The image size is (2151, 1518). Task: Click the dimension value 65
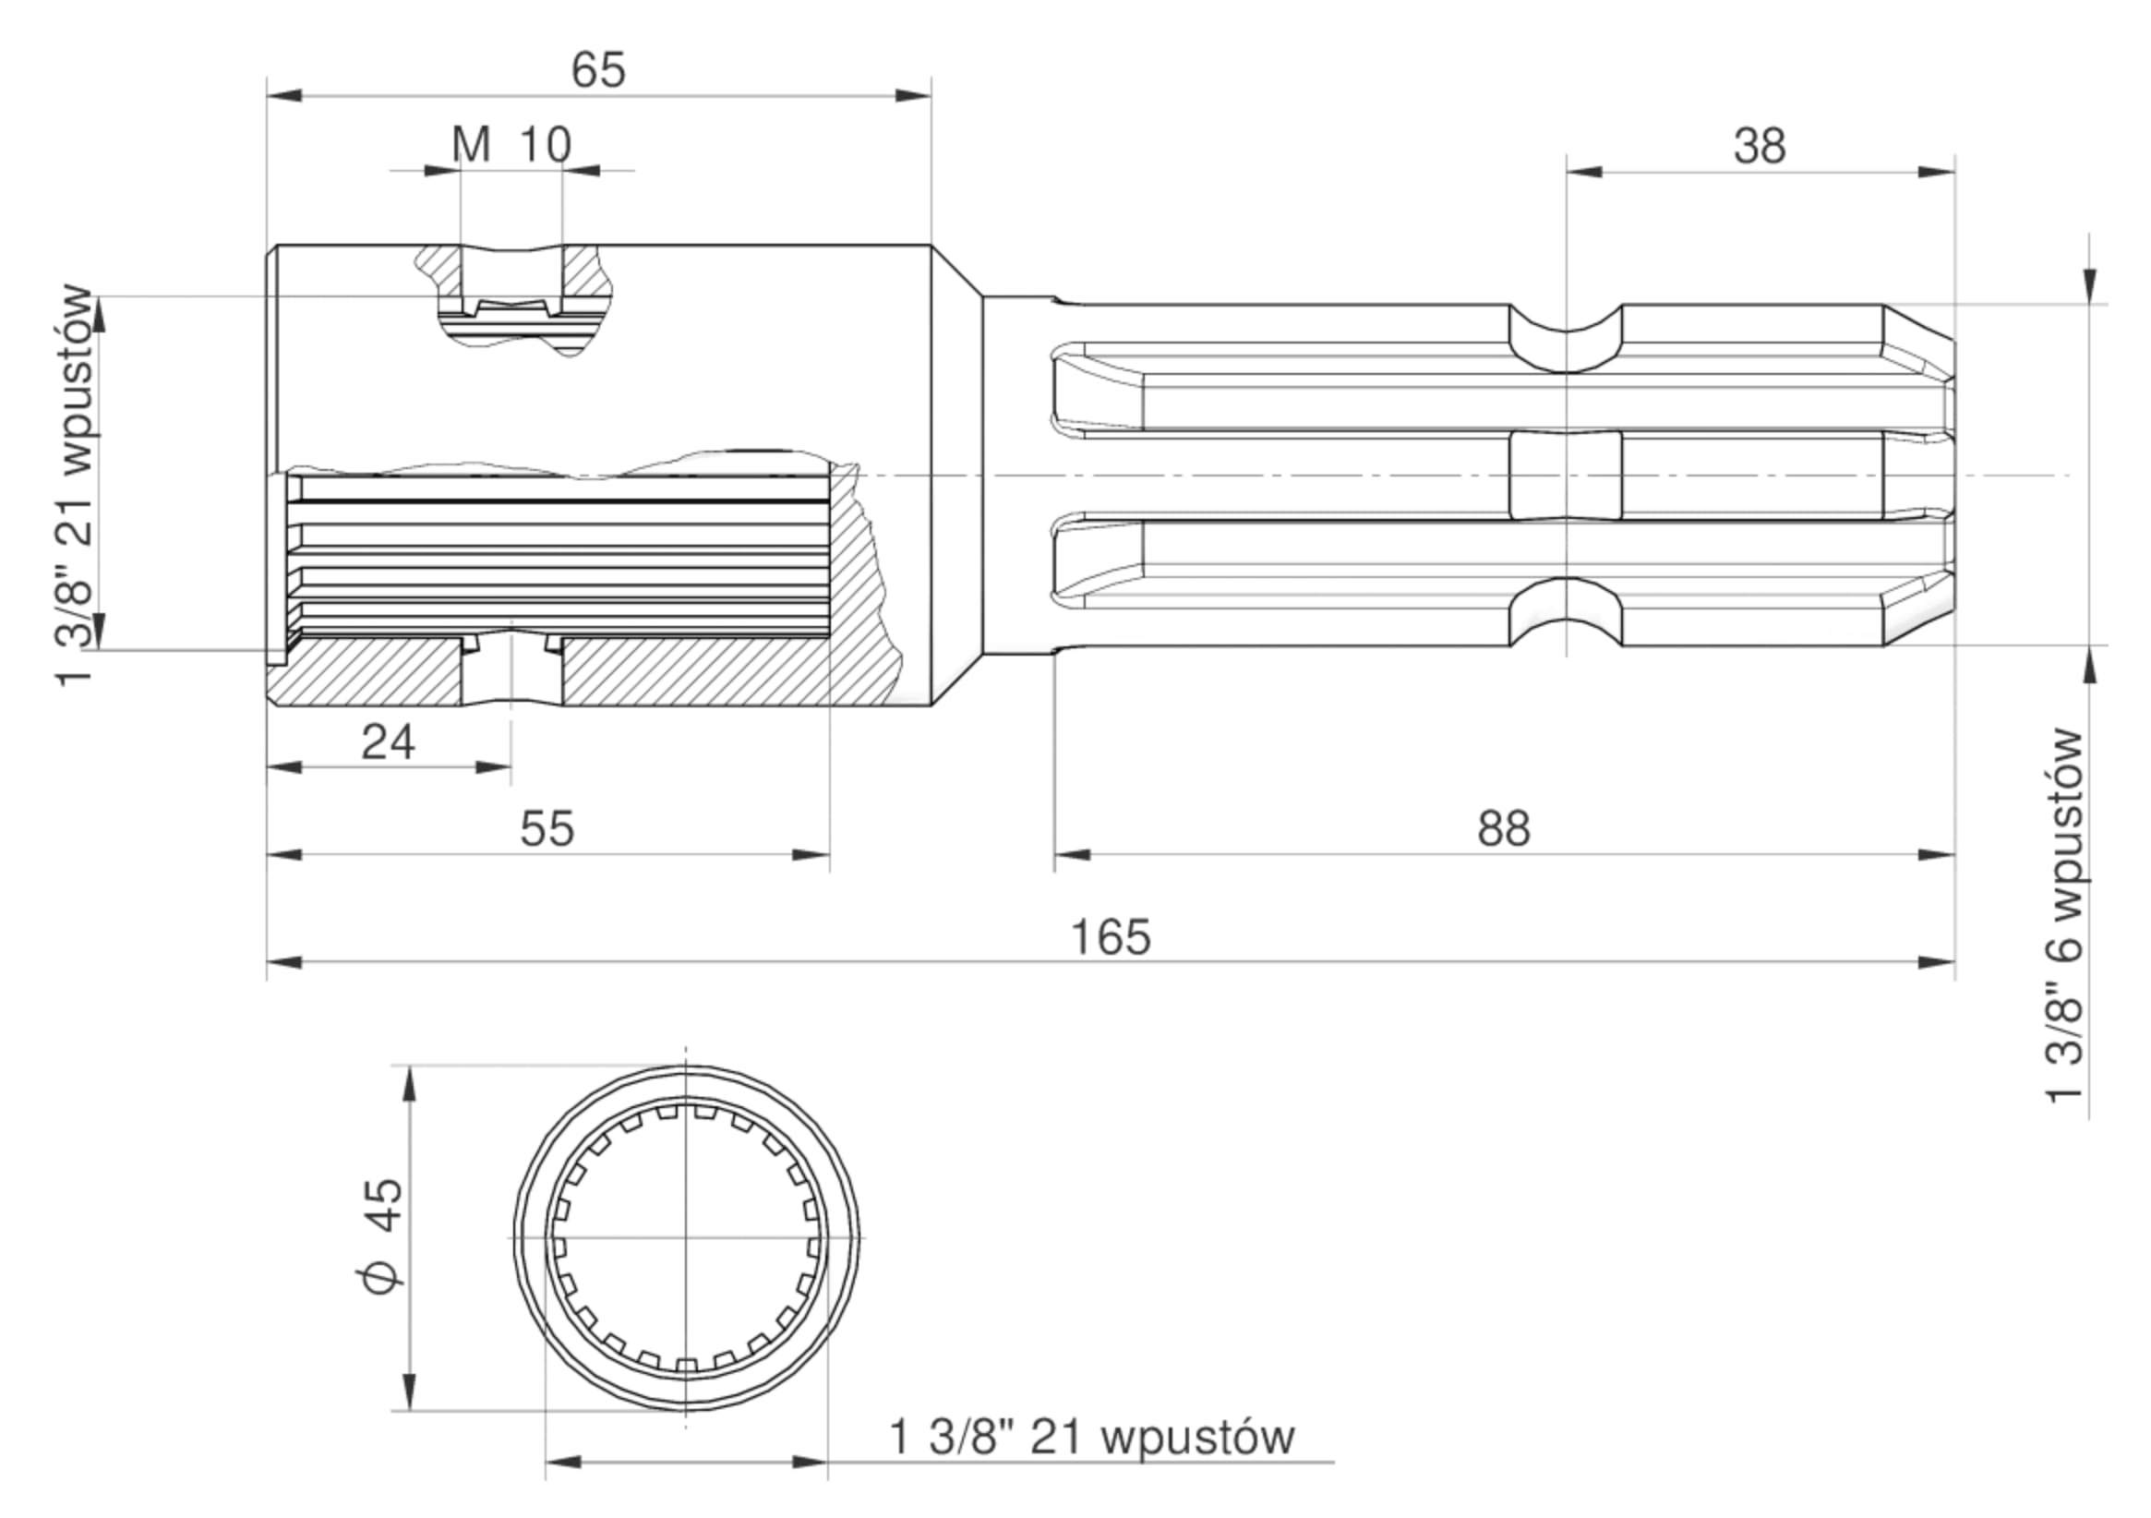[x=597, y=70]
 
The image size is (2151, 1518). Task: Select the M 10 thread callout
[x=511, y=145]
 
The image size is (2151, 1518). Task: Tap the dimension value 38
[x=1760, y=147]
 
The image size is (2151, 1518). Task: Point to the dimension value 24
[x=388, y=743]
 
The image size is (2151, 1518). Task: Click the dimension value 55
[x=547, y=829]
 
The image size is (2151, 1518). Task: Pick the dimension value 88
[x=1504, y=829]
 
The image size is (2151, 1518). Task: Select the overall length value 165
[x=1111, y=938]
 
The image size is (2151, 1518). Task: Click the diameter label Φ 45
[x=383, y=1236]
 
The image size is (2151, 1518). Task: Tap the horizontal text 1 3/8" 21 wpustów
[x=1091, y=1438]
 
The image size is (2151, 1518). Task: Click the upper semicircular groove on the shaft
[x=1566, y=337]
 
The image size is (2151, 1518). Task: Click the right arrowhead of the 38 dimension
[x=1937, y=172]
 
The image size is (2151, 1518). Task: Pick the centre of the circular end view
[x=686, y=1238]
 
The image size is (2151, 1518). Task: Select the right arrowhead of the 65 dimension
[x=913, y=94]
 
